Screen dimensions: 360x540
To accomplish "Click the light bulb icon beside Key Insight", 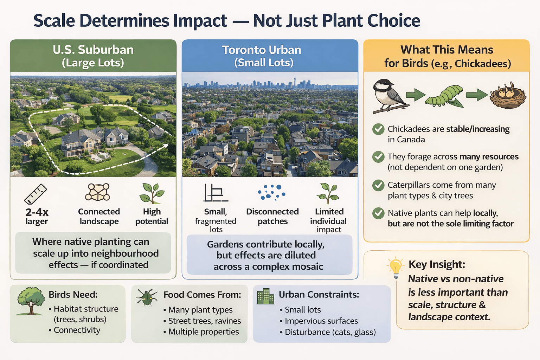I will pyautogui.click(x=396, y=267).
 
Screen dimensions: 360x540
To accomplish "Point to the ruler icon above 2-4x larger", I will pyautogui.click(x=36, y=194).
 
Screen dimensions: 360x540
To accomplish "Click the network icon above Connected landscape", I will pyautogui.click(x=98, y=192).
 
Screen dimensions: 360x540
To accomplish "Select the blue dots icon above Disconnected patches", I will pyautogui.click(x=271, y=192).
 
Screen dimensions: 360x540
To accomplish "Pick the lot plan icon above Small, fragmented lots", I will pyautogui.click(x=215, y=193).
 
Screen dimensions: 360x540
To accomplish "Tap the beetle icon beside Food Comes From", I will pyautogui.click(x=147, y=298).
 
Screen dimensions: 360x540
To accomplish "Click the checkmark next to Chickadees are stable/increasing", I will pyautogui.click(x=378, y=129).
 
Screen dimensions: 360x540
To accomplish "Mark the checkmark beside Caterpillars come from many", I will pyautogui.click(x=378, y=185).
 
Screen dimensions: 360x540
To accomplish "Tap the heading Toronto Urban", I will pyautogui.click(x=262, y=50).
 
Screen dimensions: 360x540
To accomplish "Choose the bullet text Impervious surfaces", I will pyautogui.click(x=321, y=321).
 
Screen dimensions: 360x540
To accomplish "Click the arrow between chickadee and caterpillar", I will pyautogui.click(x=416, y=95).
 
